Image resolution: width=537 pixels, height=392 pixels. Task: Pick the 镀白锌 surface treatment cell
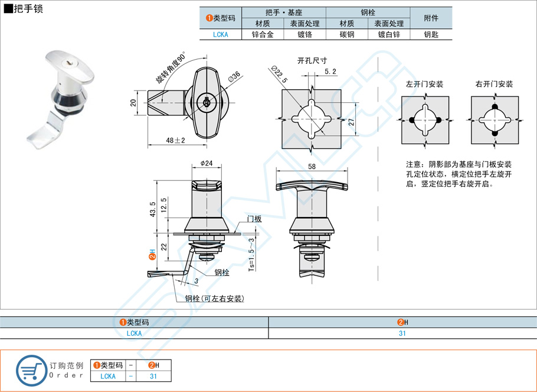[x=389, y=35]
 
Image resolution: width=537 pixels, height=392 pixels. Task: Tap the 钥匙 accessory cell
[x=431, y=35]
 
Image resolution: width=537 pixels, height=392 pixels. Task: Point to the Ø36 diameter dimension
[x=233, y=77]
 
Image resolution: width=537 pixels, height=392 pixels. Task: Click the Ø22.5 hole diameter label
[x=280, y=74]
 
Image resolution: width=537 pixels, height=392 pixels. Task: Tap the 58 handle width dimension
[x=311, y=167]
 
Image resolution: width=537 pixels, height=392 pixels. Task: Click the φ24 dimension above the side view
[x=206, y=163]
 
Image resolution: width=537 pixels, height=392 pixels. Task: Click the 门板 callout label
[x=254, y=219]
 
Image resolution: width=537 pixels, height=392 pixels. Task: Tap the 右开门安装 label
[x=494, y=85]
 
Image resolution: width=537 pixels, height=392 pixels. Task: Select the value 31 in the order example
[x=153, y=376]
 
